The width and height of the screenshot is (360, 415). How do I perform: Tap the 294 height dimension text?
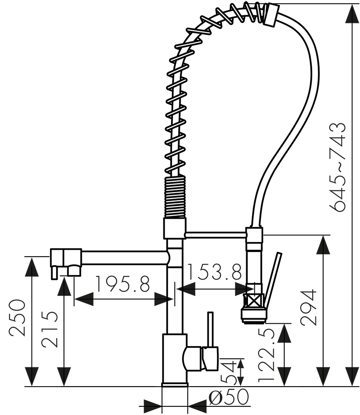pyautogui.click(x=309, y=308)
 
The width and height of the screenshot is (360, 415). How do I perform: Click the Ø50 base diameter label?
pyautogui.click(x=229, y=397)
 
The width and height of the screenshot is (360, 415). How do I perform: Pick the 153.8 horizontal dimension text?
pyautogui.click(x=214, y=272)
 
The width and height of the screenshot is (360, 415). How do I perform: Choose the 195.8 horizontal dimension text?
pyautogui.click(x=122, y=284)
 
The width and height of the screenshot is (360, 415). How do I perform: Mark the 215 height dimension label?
pyautogui.click(x=49, y=329)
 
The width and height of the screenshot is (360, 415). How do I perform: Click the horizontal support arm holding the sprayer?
pyautogui.click(x=215, y=234)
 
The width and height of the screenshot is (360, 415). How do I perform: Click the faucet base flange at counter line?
pyautogui.click(x=175, y=384)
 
